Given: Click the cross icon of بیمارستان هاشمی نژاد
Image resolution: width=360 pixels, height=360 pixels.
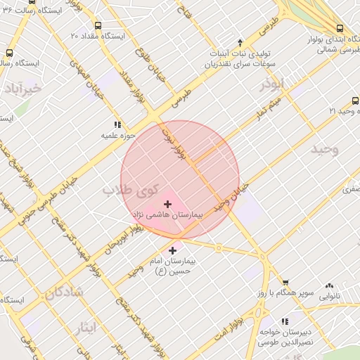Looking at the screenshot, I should pyautogui.click(x=167, y=203).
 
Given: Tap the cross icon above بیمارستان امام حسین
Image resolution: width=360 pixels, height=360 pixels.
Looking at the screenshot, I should pyautogui.click(x=172, y=250).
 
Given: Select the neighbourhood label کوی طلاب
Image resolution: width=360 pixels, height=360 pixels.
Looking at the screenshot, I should pyautogui.click(x=123, y=189).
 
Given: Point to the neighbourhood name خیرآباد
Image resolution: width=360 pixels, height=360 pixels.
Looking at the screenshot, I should pyautogui.click(x=22, y=89).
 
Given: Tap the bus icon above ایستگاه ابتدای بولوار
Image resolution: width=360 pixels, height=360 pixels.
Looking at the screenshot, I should pyautogui.click(x=340, y=28).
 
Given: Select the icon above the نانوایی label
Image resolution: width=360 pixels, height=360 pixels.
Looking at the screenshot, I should pyautogui.click(x=329, y=286).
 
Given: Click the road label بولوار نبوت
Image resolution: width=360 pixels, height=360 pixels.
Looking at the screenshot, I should pyautogui.click(x=174, y=142).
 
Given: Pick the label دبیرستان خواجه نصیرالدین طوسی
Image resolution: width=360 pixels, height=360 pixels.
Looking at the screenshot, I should pyautogui.click(x=285, y=336).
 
